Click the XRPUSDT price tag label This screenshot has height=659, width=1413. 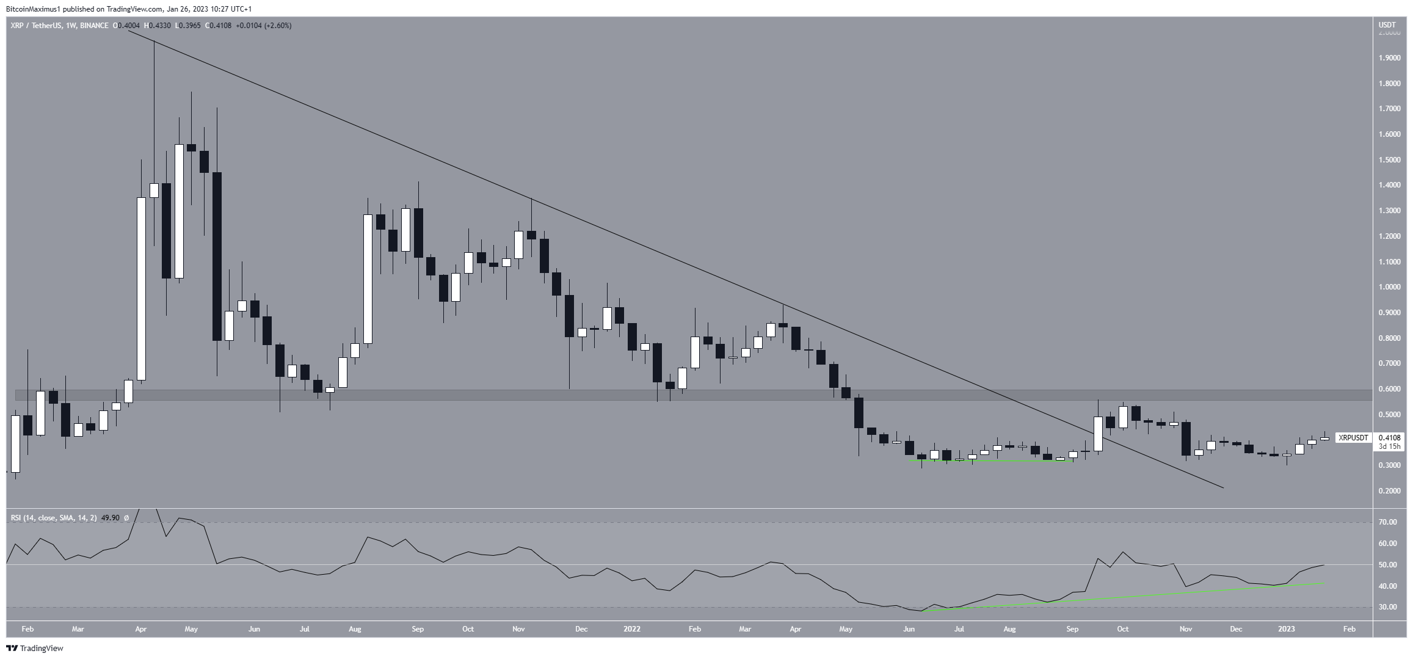click(1353, 437)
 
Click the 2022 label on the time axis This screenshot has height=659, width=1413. click(631, 628)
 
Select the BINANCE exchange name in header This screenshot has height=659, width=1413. click(93, 26)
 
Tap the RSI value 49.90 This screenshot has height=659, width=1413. click(110, 518)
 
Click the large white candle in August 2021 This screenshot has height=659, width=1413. click(368, 279)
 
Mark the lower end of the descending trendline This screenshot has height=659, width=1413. click(1222, 487)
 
